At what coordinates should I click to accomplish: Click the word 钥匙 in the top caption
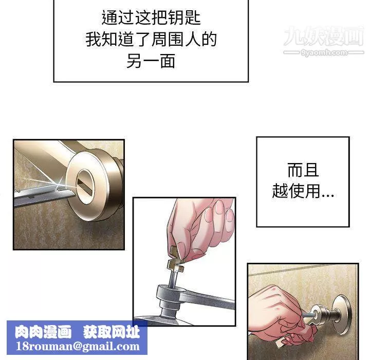pos(185,17)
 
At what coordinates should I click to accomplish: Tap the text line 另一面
pos(151,61)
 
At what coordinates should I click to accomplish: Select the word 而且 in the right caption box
pos(303,170)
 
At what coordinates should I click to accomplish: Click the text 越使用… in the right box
pos(303,191)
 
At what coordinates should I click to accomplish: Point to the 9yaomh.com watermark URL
pos(324,52)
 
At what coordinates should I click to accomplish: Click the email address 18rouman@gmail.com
pos(78,346)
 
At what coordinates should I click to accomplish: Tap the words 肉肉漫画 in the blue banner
pos(43,332)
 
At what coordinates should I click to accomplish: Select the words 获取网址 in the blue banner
pos(112,332)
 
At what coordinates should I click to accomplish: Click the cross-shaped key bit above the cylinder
pos(175,264)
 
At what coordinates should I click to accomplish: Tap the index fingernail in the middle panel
pos(219,207)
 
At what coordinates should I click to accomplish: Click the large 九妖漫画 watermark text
pos(324,36)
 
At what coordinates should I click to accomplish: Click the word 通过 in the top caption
pos(118,17)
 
